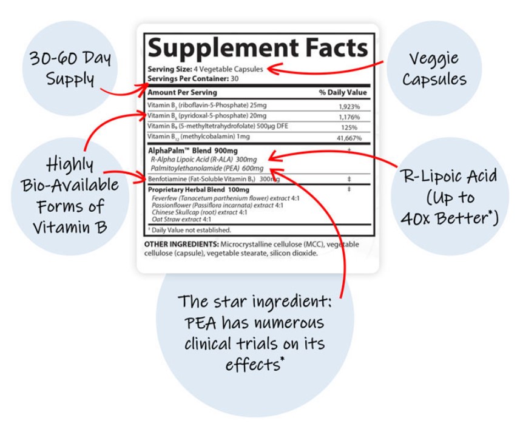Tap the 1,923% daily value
pyautogui.click(x=349, y=107)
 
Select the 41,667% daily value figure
pyautogui.click(x=349, y=138)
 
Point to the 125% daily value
pyautogui.click(x=349, y=127)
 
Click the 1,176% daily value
pyautogui.click(x=349, y=117)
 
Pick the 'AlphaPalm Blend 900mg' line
pyautogui.click(x=193, y=150)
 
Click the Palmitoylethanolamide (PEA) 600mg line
pyautogui.click(x=207, y=168)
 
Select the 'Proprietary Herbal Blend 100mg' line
pyautogui.click(x=198, y=190)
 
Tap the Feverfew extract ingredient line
pyautogui.click(x=226, y=198)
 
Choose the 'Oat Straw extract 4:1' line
pyautogui.click(x=181, y=219)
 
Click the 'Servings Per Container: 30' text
pyautogui.click(x=193, y=79)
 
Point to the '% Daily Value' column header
pyautogui.click(x=343, y=92)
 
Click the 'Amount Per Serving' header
pyautogui.click(x=182, y=92)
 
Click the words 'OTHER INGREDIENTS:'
pyautogui.click(x=181, y=245)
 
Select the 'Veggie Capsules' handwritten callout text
pyautogui.click(x=434, y=69)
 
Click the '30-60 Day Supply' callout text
pyautogui.click(x=70, y=69)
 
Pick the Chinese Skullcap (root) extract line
pyautogui.click(x=199, y=212)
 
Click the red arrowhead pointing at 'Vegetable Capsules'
pyautogui.click(x=272, y=69)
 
